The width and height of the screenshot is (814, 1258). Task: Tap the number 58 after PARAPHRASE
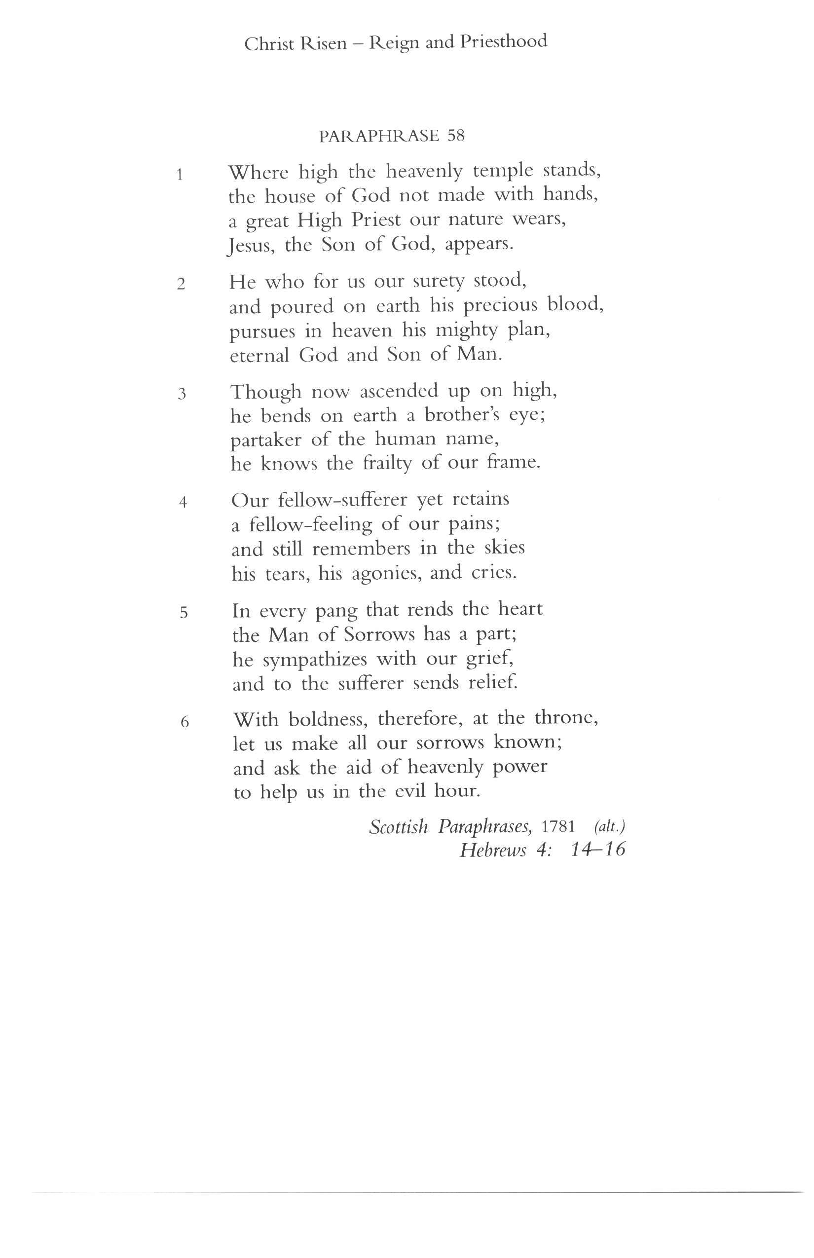tap(456, 136)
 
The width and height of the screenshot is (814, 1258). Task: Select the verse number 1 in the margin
tap(180, 175)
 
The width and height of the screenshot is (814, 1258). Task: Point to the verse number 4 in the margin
tap(183, 502)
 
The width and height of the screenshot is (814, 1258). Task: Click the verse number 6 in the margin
tap(185, 721)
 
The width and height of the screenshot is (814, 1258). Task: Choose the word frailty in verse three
tap(387, 464)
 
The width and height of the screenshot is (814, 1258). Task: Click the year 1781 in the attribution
tap(557, 826)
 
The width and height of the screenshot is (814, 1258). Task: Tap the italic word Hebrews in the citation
tap(493, 850)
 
